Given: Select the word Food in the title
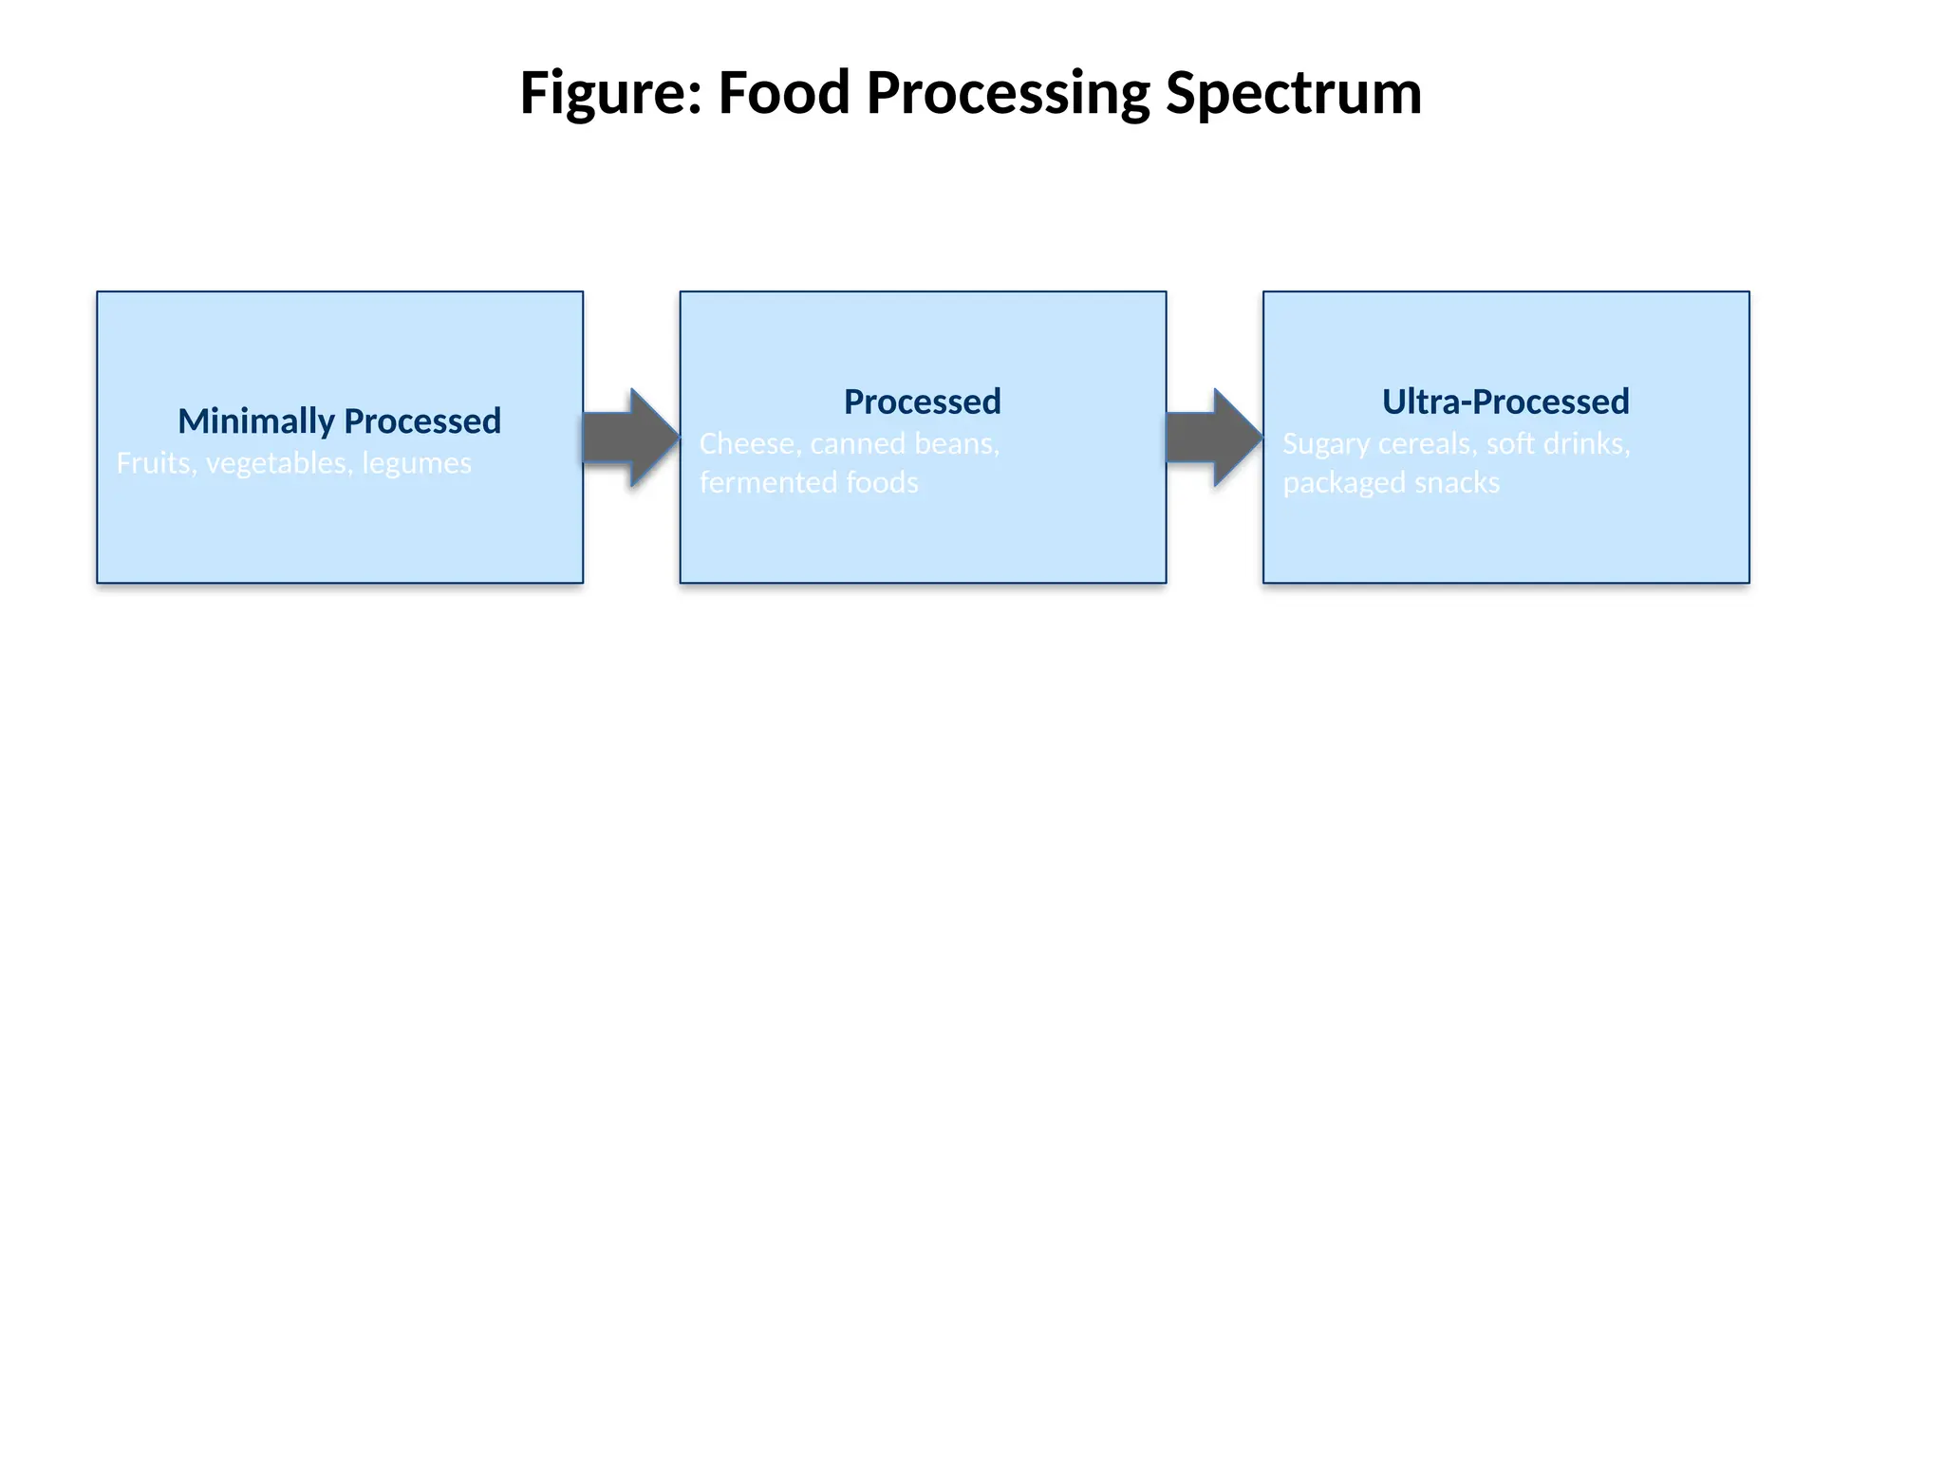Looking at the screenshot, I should click(x=783, y=94).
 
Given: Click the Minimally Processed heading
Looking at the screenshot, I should click(x=339, y=421).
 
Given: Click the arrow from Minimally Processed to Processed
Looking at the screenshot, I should click(x=628, y=438).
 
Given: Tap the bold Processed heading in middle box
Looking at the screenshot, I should click(x=922, y=402).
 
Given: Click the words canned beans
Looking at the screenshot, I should click(x=904, y=443).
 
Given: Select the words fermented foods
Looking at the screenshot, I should click(x=809, y=482).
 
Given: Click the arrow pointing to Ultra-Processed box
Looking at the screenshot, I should click(x=1211, y=438).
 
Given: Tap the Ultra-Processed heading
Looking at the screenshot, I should click(x=1505, y=402).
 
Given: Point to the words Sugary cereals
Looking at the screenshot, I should click(x=1377, y=444).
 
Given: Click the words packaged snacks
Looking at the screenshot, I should click(x=1391, y=483).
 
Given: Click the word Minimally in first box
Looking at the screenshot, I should click(x=256, y=421).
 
